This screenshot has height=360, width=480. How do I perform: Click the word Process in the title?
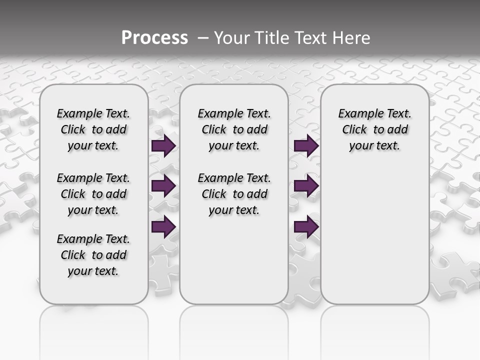tap(154, 37)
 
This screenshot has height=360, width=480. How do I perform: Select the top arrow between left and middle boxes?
tap(163, 146)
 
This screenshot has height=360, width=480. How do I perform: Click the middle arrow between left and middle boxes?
tap(163, 186)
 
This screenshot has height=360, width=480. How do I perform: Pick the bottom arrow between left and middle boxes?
tap(163, 226)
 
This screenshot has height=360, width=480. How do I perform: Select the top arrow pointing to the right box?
tap(306, 145)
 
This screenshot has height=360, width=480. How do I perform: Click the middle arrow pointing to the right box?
tap(306, 186)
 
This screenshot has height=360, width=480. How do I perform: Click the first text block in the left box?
tap(93, 129)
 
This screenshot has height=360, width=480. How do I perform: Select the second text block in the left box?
tap(93, 194)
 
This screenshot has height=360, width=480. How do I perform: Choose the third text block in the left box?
tap(93, 255)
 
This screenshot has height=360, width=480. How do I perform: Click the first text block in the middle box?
tap(234, 129)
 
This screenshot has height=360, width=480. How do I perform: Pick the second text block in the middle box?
tap(234, 194)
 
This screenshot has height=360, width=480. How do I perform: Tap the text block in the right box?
tap(374, 129)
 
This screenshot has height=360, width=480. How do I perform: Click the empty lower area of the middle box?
tap(234, 260)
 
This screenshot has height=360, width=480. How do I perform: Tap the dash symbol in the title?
tap(203, 37)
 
